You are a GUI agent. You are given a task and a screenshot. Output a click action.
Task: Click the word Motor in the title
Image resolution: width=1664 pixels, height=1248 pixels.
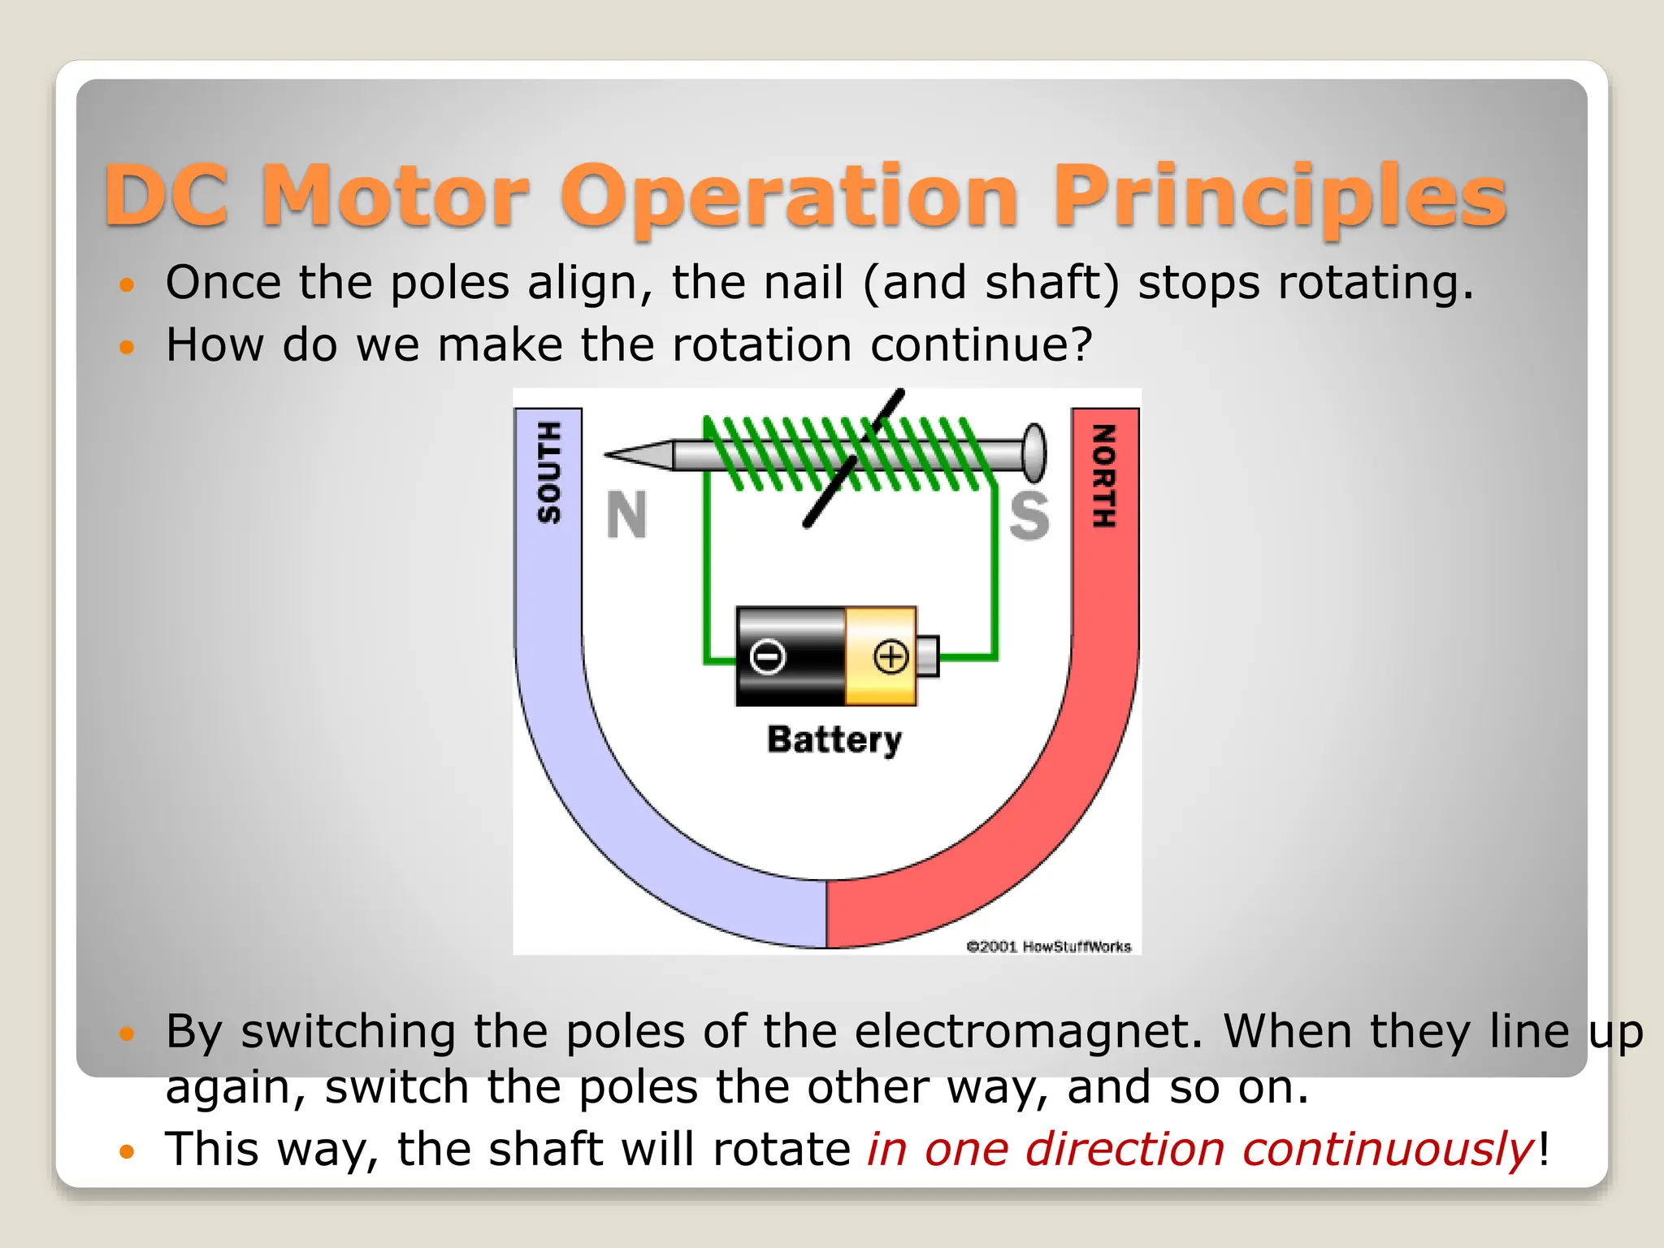point(396,195)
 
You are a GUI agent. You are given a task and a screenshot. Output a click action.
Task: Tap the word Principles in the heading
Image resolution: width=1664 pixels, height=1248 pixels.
point(1280,195)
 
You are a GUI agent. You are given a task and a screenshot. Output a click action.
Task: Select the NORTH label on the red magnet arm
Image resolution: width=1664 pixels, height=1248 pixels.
point(1103,476)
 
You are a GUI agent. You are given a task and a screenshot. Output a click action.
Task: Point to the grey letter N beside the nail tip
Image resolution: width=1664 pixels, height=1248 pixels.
point(626,515)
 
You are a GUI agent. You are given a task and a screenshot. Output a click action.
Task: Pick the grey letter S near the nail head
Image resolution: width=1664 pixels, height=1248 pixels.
point(1029,515)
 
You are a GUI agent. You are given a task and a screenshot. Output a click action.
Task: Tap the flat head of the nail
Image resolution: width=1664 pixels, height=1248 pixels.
point(1033,452)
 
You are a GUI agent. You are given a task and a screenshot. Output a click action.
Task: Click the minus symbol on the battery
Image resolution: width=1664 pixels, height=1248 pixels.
point(768,656)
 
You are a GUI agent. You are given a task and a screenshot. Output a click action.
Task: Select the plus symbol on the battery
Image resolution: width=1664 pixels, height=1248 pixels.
point(890,656)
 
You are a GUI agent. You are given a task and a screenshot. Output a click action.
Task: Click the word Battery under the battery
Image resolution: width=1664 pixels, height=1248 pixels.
point(834,740)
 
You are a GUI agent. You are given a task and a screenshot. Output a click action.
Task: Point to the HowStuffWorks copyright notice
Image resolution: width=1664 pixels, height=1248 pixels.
point(1048,947)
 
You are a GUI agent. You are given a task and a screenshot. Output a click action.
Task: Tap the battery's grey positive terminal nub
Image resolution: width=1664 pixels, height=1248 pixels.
point(928,656)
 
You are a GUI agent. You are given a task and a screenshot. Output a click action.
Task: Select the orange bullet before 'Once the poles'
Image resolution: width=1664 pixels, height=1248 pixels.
point(126,284)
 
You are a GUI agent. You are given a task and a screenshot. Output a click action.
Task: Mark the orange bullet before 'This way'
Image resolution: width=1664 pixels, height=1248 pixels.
point(126,1151)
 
